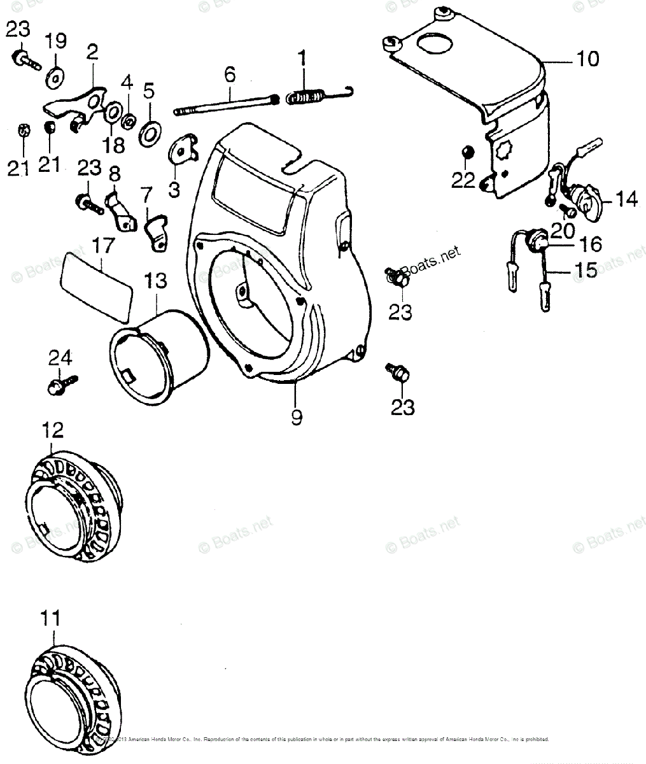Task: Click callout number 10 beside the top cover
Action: (587, 59)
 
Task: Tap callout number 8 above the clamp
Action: (115, 174)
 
